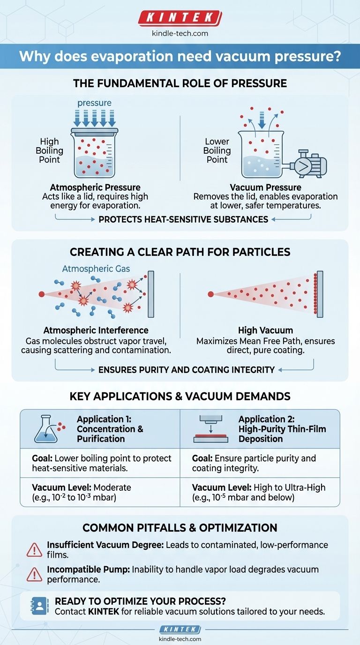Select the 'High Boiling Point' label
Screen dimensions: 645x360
click(49, 150)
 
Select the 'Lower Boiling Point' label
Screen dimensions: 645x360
click(217, 150)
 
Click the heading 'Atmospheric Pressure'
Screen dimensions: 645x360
click(95, 187)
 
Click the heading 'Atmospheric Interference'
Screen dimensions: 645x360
click(96, 330)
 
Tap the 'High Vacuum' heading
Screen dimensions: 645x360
click(265, 330)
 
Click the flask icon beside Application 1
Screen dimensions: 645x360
click(47, 429)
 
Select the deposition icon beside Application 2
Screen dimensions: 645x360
click(211, 429)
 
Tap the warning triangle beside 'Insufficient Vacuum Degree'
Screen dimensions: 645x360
click(35, 550)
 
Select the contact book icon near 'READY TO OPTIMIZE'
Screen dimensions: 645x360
click(39, 606)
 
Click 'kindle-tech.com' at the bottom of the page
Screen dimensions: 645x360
click(180, 638)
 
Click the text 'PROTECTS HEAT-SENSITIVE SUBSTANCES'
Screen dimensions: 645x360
click(183, 219)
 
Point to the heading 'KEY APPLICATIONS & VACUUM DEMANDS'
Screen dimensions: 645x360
click(180, 396)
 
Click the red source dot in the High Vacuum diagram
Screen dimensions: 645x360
click(211, 294)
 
